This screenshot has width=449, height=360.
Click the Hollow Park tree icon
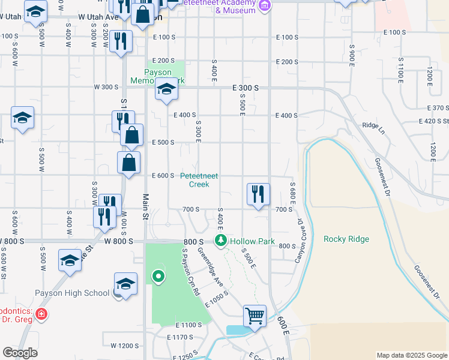[x=221, y=241]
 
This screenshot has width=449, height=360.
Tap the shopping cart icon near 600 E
[x=255, y=316]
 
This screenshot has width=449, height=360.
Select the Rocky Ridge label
[x=346, y=239]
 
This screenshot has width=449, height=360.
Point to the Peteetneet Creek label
[x=199, y=180]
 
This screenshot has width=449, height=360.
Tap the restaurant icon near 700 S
[x=258, y=194]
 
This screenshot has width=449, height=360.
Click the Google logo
[x=20, y=353]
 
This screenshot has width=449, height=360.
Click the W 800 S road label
[x=12, y=241]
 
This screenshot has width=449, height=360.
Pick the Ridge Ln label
[x=372, y=125]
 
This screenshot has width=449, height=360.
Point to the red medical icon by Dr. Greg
[x=40, y=314]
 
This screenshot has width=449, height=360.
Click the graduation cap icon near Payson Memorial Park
[x=166, y=91]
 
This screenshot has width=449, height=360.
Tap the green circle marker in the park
[x=158, y=277]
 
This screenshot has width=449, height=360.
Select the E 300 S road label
[x=246, y=88]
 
